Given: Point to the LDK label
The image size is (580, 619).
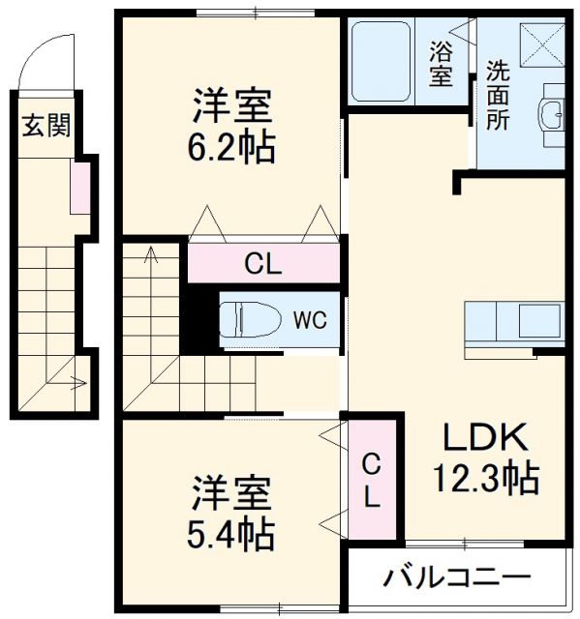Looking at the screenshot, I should (x=486, y=439).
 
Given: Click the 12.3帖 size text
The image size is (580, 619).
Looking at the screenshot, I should (x=486, y=477).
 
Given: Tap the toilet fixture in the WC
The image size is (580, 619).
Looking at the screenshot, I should (x=250, y=318).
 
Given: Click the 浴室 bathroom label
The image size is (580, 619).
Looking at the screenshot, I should (x=441, y=64).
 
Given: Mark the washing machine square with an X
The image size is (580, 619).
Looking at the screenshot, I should (x=540, y=44).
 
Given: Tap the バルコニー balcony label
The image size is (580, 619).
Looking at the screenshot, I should (x=457, y=579).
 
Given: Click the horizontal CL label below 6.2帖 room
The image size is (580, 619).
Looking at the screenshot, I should (x=262, y=263).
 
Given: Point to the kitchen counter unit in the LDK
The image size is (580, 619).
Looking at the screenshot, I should (x=513, y=320).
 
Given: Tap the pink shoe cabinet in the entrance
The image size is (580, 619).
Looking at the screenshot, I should (x=80, y=188).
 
